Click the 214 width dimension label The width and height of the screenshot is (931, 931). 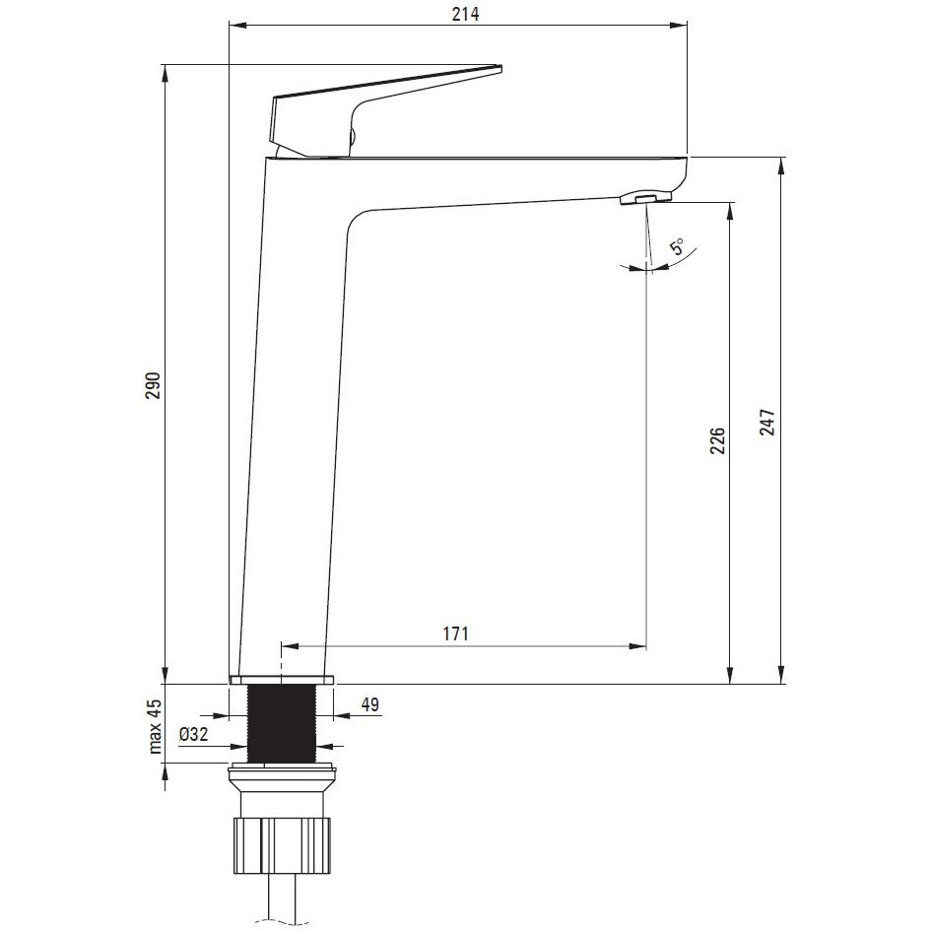(465, 13)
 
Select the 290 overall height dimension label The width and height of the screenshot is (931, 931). (153, 385)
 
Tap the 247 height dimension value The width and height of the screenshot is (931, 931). (767, 423)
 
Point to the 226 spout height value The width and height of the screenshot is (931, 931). (718, 440)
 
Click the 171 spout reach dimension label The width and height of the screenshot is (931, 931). (455, 633)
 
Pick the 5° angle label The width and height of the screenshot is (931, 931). (677, 246)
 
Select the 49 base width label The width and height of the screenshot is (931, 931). (369, 704)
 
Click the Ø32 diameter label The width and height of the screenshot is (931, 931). (193, 734)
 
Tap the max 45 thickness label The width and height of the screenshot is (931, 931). (155, 725)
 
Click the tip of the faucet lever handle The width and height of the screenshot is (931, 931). (501, 67)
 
